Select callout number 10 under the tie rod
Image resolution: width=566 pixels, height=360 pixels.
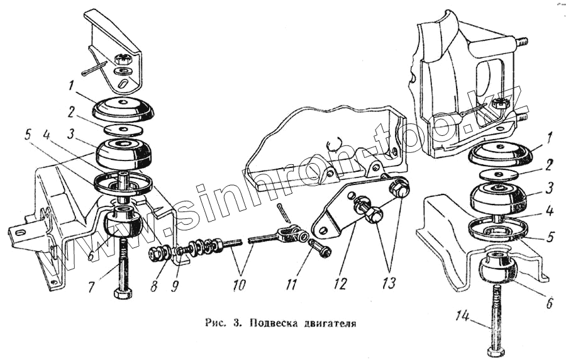pyautogui.click(x=238, y=284)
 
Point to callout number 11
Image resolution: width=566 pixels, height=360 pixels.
pyautogui.click(x=291, y=284)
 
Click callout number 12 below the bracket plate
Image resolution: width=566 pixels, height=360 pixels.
pyautogui.click(x=340, y=284)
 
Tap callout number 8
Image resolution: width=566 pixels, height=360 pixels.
pyautogui.click(x=154, y=286)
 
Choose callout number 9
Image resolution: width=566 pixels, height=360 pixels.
pyautogui.click(x=175, y=286)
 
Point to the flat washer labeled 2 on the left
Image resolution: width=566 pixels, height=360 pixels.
pyautogui.click(x=123, y=128)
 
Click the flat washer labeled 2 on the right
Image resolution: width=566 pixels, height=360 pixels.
pyautogui.click(x=499, y=174)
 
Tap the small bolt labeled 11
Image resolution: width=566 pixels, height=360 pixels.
pyautogui.click(x=320, y=249)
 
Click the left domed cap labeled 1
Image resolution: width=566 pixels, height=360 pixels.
pyautogui.click(x=123, y=108)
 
